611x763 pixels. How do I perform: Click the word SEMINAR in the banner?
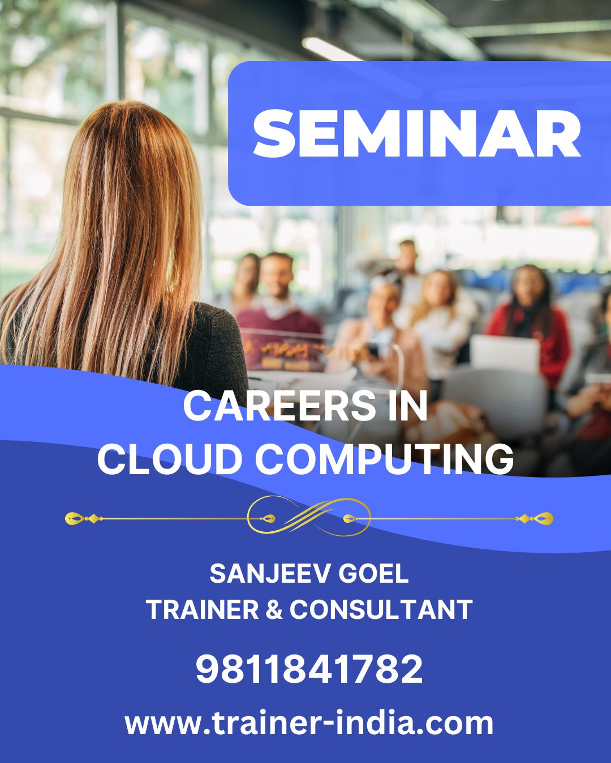coord(417,134)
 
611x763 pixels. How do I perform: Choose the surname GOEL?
coord(373,574)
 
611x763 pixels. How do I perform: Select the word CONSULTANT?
coord(381,609)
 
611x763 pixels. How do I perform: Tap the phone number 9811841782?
coord(309,669)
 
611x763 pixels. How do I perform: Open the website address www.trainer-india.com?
coord(309,723)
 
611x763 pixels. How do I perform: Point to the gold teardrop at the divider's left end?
coord(74,517)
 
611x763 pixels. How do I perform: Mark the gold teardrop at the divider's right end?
coord(544,518)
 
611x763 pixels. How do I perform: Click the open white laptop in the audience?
coord(505,353)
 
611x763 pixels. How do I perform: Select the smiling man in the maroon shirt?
coord(277,305)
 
